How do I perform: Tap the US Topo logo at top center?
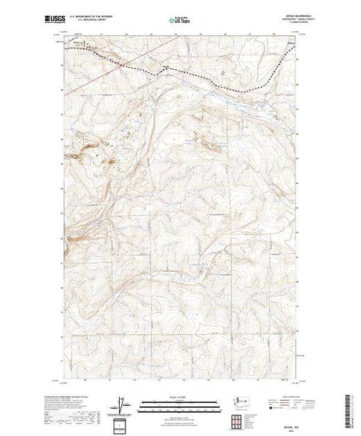click(x=180, y=21)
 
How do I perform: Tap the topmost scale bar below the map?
click(x=180, y=401)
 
